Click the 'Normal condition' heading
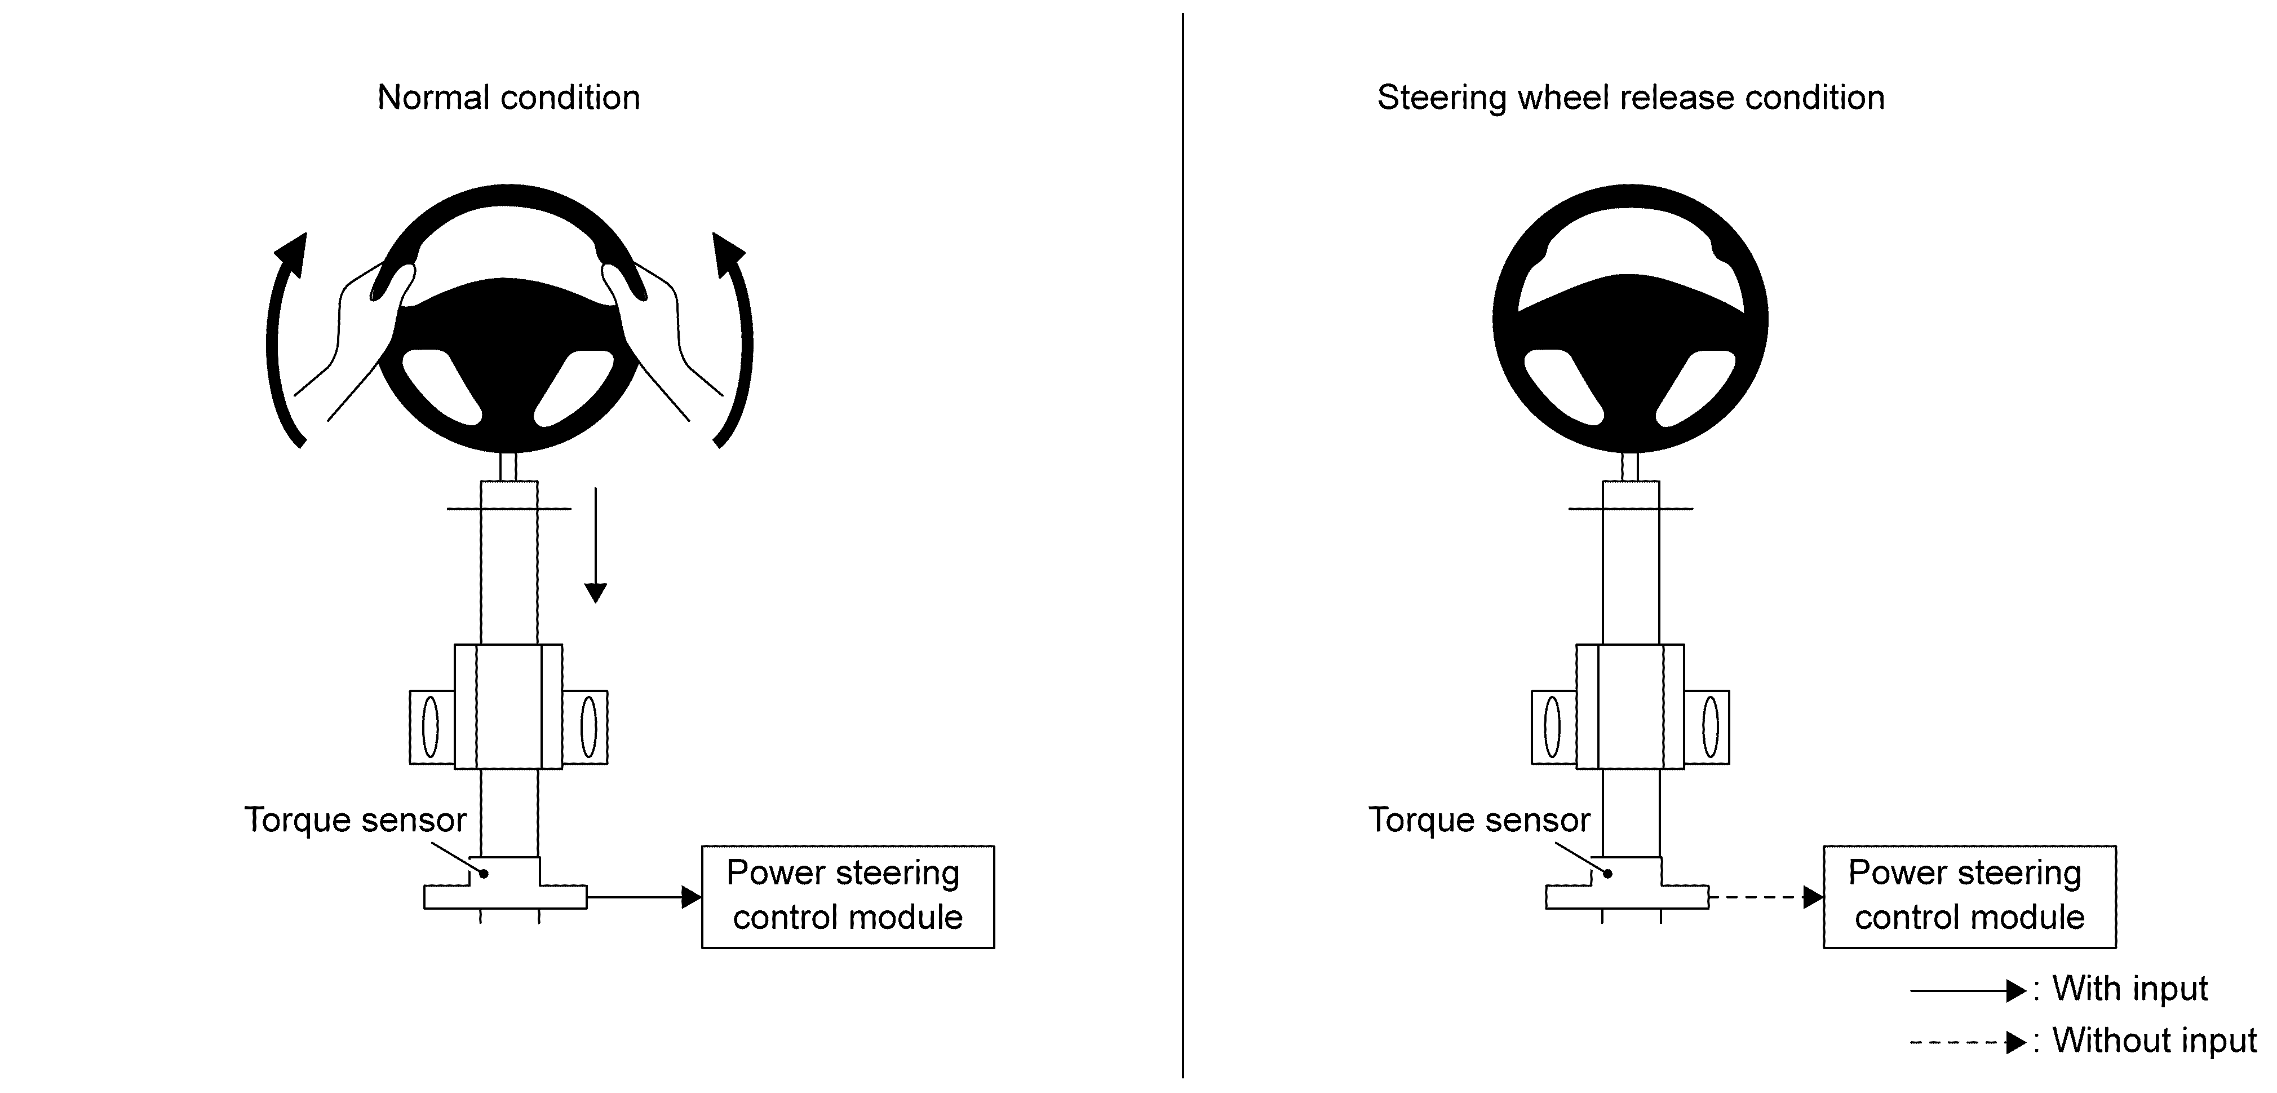(x=508, y=97)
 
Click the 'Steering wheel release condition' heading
(x=1631, y=97)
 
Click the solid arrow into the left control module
(x=644, y=897)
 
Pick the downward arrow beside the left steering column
(x=596, y=545)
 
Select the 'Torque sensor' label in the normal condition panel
(x=355, y=820)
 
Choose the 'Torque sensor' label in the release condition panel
(x=1479, y=820)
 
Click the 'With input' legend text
(x=2130, y=989)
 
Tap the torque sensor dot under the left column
(x=484, y=874)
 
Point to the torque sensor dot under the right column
(x=1608, y=874)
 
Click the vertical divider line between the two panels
(x=1182, y=545)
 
